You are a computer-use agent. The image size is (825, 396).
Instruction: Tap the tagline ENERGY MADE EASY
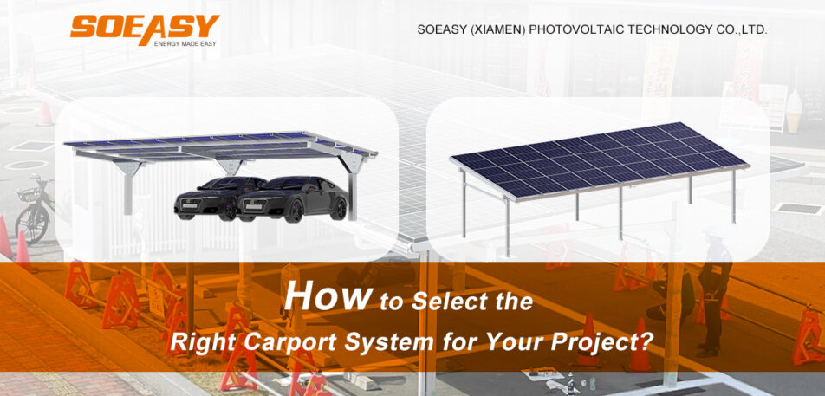tap(185, 43)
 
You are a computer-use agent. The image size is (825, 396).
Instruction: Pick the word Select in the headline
tap(451, 302)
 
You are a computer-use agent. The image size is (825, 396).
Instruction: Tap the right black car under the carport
tap(293, 199)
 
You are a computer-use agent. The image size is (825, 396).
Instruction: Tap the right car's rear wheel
tap(340, 209)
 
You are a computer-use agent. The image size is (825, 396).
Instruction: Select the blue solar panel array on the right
tap(601, 159)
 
